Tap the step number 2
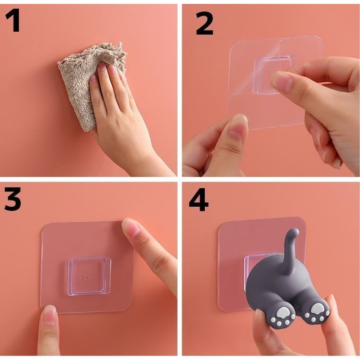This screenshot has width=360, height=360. [204, 23]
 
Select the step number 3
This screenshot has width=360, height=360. [13, 199]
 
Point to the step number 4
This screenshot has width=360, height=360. [198, 199]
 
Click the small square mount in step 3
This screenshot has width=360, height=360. [90, 276]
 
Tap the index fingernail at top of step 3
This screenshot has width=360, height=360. [130, 227]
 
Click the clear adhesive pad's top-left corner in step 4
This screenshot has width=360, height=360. [219, 224]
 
